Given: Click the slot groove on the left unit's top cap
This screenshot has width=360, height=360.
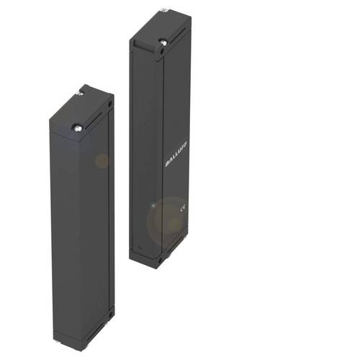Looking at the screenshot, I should [x=93, y=114].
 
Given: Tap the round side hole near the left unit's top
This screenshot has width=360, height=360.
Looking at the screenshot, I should [x=109, y=104].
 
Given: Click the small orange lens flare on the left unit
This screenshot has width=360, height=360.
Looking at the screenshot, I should [x=102, y=161].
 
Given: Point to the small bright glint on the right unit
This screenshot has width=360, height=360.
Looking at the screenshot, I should [x=152, y=207].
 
